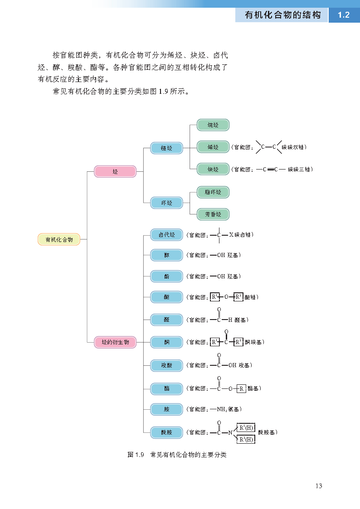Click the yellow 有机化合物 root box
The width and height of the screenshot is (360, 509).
click(x=59, y=239)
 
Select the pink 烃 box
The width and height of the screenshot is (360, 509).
click(x=115, y=171)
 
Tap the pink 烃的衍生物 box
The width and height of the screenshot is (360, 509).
click(x=115, y=342)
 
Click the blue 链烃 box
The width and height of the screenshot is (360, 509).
click(x=166, y=148)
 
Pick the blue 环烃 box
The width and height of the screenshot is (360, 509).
click(x=166, y=203)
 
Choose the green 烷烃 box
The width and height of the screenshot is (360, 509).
click(x=213, y=125)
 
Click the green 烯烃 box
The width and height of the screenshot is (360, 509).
click(x=213, y=147)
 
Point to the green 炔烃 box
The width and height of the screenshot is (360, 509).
click(x=213, y=170)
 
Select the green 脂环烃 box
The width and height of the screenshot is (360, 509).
click(x=213, y=192)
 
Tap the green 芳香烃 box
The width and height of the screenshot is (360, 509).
click(x=213, y=214)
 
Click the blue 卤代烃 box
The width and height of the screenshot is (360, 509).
click(x=166, y=235)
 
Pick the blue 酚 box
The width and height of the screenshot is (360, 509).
click(x=166, y=276)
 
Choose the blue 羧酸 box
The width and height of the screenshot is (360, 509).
click(x=166, y=365)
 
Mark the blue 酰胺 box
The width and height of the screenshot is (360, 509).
click(x=166, y=432)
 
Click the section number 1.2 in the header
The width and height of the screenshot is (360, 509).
click(x=344, y=15)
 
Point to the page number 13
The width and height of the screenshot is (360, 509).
click(x=318, y=486)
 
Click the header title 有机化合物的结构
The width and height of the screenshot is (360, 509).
click(x=283, y=15)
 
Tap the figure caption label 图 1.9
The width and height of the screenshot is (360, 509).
click(x=136, y=455)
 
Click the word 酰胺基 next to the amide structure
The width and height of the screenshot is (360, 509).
click(x=267, y=432)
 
